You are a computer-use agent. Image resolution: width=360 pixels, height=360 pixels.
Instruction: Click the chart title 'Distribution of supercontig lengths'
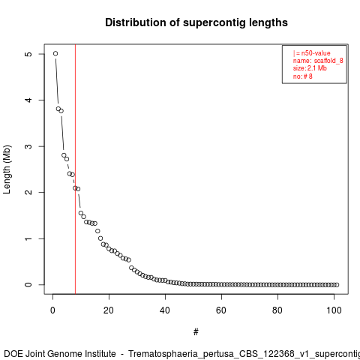point(196,22)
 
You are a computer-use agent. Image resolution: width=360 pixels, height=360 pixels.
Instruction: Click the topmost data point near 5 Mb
point(55,53)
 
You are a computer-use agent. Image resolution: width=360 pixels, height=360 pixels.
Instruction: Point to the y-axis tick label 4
point(28,100)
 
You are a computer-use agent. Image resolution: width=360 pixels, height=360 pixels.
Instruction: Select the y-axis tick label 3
point(28,146)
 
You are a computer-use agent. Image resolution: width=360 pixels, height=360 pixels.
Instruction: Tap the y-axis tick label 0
point(28,285)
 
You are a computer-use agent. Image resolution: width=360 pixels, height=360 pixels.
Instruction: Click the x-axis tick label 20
point(109,310)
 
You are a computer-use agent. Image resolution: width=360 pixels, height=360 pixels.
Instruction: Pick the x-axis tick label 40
point(165,310)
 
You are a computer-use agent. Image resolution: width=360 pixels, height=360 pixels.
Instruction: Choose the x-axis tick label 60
point(221,310)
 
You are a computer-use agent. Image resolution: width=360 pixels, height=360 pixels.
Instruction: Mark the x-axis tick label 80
point(277,310)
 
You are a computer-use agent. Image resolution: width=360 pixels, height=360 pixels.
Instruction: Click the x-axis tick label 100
point(334,310)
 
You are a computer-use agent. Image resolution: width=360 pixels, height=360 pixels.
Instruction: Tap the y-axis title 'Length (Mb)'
point(7,169)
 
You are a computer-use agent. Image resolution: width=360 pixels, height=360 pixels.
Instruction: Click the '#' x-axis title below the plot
point(196,332)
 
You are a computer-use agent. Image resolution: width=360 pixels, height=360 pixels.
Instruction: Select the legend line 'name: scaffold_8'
point(318,61)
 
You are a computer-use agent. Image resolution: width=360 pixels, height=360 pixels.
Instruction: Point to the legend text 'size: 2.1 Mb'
point(310,68)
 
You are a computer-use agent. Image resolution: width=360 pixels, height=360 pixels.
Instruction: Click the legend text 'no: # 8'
point(303,76)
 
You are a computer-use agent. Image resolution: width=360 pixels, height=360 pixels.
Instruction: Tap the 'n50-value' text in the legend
point(316,53)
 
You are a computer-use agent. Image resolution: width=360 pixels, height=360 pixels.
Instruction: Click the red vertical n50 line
point(75,169)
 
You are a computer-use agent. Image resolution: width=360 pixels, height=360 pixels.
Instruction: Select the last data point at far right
point(337,285)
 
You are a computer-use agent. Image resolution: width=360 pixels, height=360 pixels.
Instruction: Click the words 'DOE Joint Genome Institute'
point(60,354)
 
